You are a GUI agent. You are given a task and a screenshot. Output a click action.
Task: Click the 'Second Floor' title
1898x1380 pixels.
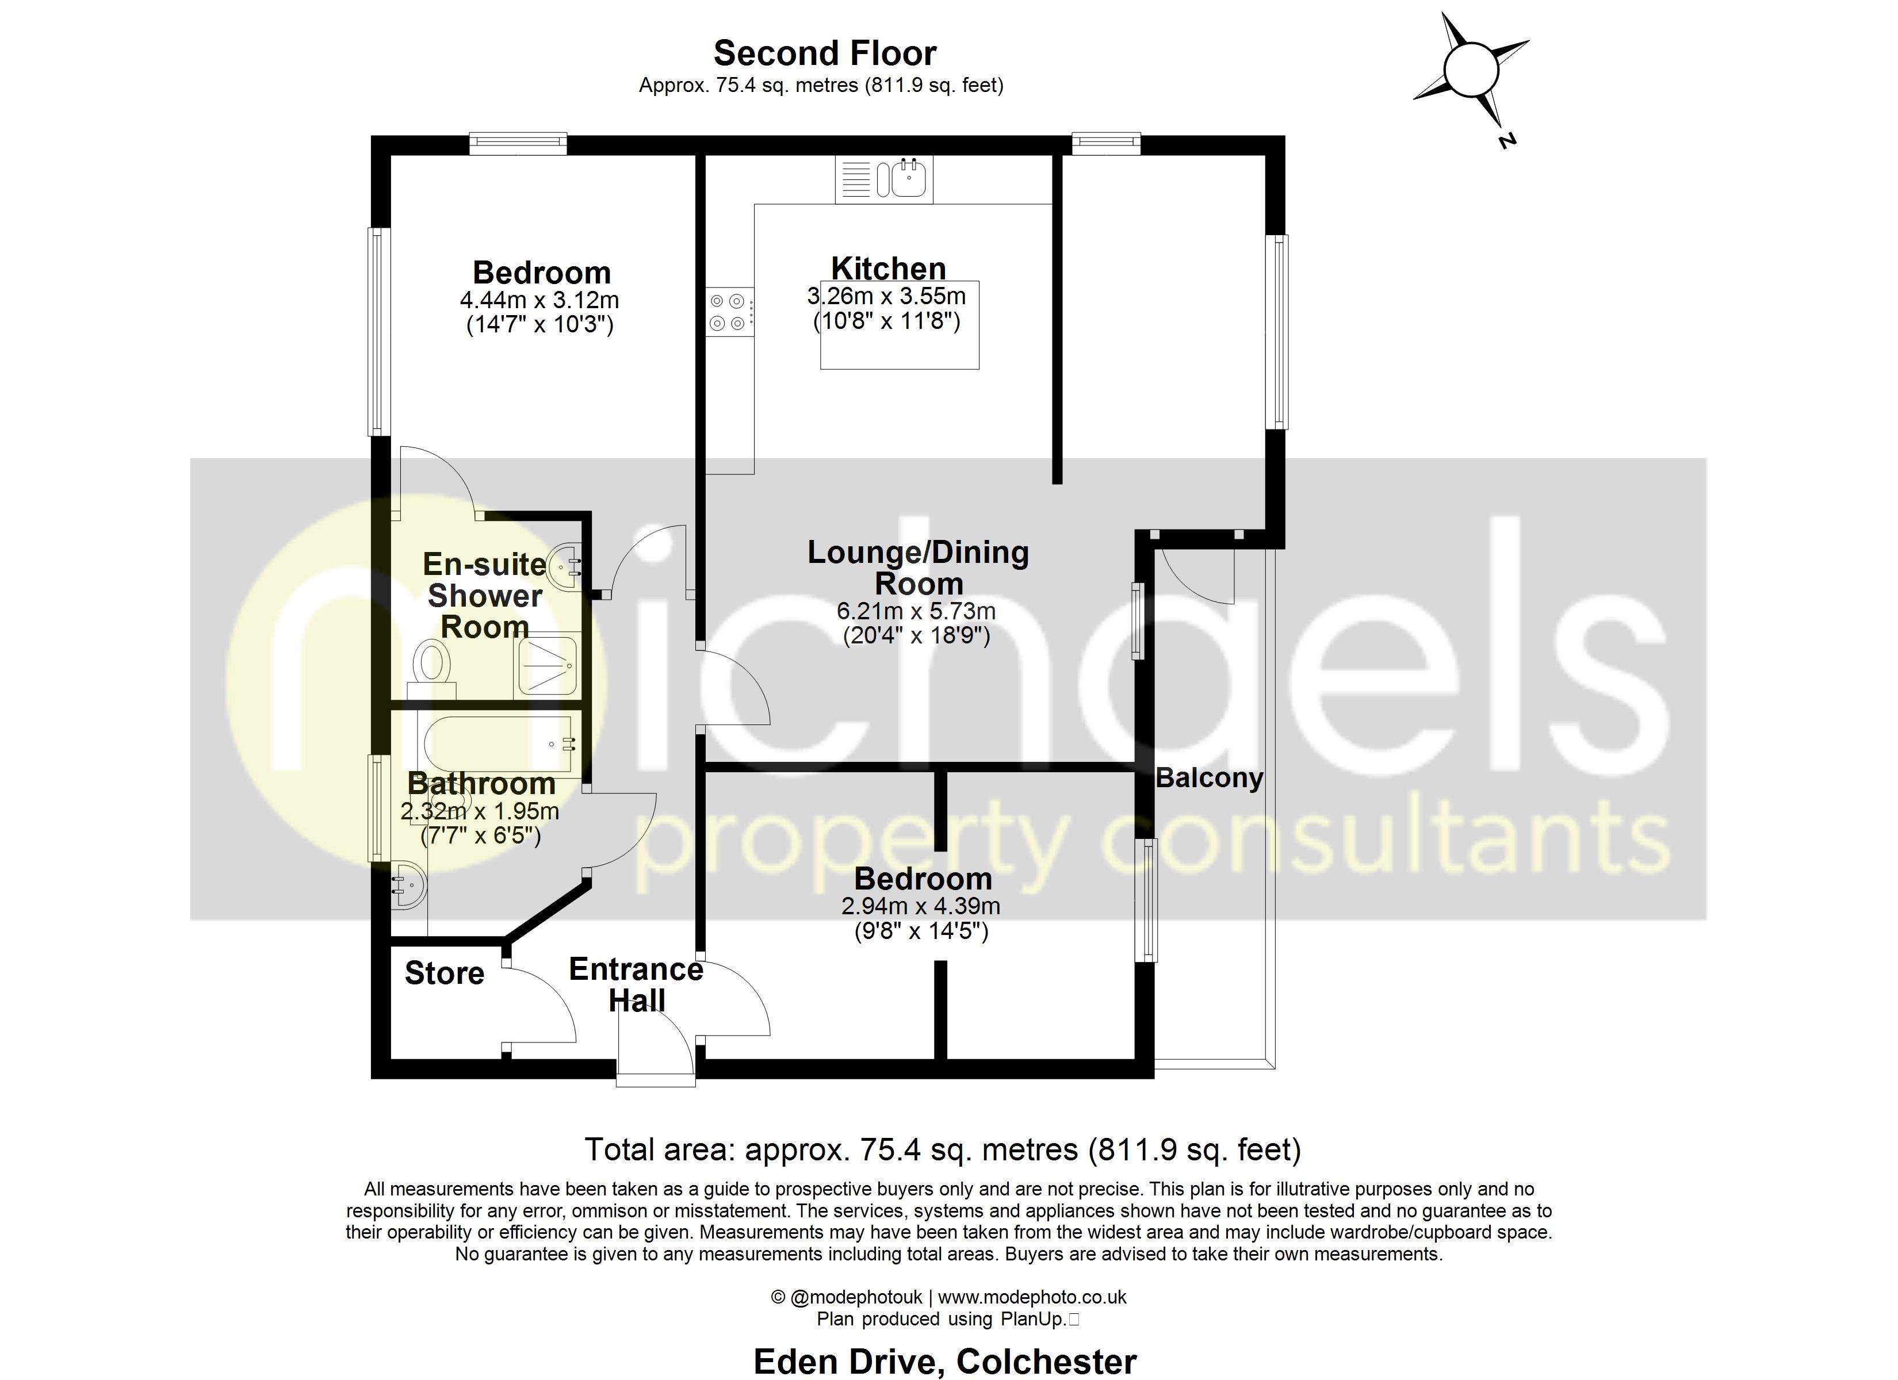pyautogui.click(x=824, y=53)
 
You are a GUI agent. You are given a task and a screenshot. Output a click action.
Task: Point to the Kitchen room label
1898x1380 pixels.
pyautogui.click(x=888, y=269)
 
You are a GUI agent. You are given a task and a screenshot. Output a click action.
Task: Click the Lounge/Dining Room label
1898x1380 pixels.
pyautogui.click(x=918, y=568)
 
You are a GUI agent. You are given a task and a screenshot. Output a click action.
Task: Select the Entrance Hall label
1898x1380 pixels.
pyautogui.click(x=636, y=984)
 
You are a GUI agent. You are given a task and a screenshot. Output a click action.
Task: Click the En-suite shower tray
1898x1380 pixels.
pyautogui.click(x=548, y=665)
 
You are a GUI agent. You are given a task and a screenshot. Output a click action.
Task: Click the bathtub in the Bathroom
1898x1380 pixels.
pyautogui.click(x=499, y=744)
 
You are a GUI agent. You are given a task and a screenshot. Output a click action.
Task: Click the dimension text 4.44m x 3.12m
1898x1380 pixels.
pyautogui.click(x=539, y=300)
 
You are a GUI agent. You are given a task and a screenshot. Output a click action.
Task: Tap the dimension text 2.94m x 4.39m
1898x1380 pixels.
pyautogui.click(x=921, y=906)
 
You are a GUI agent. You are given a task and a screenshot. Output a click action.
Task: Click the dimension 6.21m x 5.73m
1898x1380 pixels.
pyautogui.click(x=916, y=611)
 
